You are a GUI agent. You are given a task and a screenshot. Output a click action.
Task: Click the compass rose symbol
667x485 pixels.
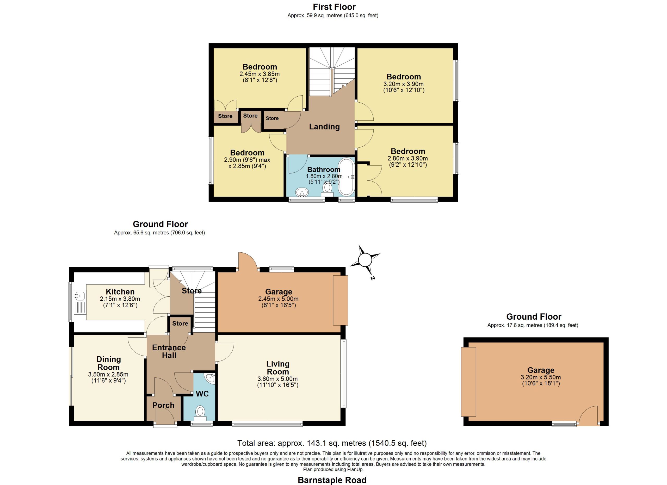point(365,260)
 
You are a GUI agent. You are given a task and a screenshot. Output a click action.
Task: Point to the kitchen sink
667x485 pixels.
point(80,295)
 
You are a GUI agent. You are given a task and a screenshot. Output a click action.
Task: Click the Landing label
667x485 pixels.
point(324,127)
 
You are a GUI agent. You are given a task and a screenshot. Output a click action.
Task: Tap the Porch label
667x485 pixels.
point(163,405)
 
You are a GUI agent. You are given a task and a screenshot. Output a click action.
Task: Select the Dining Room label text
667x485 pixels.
point(109,363)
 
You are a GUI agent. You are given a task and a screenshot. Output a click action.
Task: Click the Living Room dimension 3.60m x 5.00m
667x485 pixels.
point(278,379)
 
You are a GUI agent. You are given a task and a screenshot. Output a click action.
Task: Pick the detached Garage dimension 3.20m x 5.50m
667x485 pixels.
point(541,377)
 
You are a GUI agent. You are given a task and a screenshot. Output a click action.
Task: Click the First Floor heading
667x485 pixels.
point(334,7)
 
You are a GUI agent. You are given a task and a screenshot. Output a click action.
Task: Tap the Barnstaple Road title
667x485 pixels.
point(332,480)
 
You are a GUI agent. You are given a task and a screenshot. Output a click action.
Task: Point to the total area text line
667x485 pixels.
point(332,443)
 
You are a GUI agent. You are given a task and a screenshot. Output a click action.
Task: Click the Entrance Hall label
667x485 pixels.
point(169,352)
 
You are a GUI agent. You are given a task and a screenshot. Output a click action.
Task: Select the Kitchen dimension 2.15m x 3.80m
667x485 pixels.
point(120,299)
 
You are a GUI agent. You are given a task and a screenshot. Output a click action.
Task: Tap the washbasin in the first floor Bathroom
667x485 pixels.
point(302,192)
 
